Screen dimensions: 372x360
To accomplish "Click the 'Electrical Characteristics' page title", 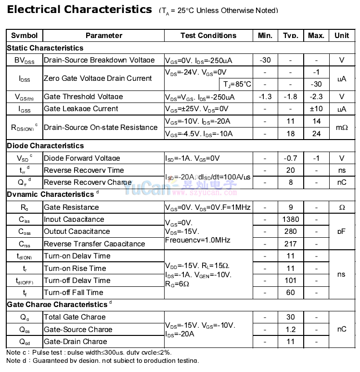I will coord(79,10).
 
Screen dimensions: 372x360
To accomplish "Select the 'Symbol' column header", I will coord(24,36).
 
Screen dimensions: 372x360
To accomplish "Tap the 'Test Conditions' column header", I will coord(208,36).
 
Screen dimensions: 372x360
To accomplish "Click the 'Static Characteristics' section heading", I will coord(45,48).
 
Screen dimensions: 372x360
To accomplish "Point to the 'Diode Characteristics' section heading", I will coord(45,146).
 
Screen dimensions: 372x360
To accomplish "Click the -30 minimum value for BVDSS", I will coord(265,60).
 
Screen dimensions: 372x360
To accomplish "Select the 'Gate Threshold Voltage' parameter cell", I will coord(83,97).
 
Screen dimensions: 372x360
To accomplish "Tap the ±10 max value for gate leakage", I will coord(316,109).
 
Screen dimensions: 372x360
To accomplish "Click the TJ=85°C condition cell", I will coord(236,84).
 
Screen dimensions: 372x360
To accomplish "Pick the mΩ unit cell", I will coord(342,128).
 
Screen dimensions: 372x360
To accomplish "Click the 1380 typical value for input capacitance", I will coord(291,219).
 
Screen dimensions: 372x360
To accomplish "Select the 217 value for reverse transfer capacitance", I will coord(291,244).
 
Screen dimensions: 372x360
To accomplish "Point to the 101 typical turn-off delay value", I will coord(291,281).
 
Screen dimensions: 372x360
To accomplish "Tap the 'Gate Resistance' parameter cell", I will coord(71,207).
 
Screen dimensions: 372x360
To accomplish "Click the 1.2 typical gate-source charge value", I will coord(291,330).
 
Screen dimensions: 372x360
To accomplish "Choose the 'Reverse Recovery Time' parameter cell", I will coord(84,170).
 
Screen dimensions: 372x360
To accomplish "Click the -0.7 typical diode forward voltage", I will coord(291,158).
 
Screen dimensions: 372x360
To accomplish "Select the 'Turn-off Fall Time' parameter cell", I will coord(74,293).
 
